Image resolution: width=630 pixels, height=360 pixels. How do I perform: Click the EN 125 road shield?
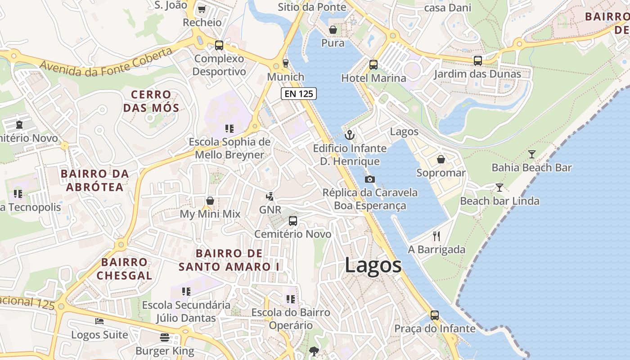(x=299, y=94)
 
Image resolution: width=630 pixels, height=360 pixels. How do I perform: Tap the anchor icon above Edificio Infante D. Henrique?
(x=349, y=135)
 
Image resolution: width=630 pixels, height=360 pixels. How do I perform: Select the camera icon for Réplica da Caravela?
(x=370, y=179)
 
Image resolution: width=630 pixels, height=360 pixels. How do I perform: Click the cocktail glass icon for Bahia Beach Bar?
(x=531, y=154)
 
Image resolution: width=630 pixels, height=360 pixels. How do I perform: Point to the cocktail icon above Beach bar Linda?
(x=499, y=187)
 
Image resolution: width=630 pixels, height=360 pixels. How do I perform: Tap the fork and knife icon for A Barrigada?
(x=436, y=236)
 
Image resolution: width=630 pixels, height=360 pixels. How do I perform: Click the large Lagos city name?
(x=373, y=265)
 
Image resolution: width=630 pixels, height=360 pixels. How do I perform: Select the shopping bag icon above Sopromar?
(x=441, y=159)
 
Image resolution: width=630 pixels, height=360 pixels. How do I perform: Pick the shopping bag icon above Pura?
(x=333, y=30)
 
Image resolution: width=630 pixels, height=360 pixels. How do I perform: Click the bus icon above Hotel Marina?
(x=373, y=64)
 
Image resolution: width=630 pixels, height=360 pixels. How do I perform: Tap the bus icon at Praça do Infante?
(x=435, y=315)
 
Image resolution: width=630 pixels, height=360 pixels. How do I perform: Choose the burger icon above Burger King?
(x=165, y=337)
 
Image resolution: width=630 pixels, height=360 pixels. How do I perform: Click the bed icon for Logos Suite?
(x=99, y=321)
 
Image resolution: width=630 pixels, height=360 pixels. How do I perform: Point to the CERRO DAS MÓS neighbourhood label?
(x=151, y=101)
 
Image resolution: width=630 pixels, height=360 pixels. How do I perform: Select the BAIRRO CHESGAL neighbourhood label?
(x=124, y=269)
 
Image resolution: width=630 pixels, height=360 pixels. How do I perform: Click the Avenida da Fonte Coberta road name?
(x=106, y=62)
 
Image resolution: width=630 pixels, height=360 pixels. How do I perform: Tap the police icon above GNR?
(x=270, y=196)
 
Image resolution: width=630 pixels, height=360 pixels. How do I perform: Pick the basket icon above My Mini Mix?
(x=210, y=200)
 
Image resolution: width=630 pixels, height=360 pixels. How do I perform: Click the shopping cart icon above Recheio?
(x=202, y=9)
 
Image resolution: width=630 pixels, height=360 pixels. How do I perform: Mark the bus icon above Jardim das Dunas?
(x=477, y=60)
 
